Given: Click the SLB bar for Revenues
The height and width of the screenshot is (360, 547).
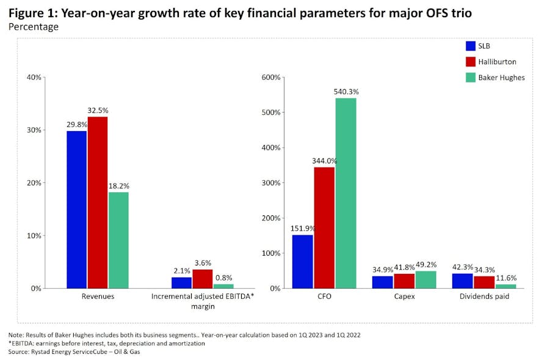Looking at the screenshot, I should pyautogui.click(x=77, y=209).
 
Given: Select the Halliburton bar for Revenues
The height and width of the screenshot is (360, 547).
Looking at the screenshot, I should pyautogui.click(x=98, y=202).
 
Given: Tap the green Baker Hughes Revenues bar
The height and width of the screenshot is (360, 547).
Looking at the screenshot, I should pyautogui.click(x=118, y=240).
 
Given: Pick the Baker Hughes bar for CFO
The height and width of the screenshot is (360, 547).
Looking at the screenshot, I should pyautogui.click(x=346, y=193).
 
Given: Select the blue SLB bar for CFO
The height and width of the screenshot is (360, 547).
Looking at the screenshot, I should pyautogui.click(x=303, y=261).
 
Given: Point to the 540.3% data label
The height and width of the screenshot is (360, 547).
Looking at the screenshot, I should pyautogui.click(x=346, y=92).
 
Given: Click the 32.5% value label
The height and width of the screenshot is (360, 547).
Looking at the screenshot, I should pyautogui.click(x=98, y=110).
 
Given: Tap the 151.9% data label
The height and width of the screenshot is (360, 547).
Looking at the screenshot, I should pyautogui.click(x=303, y=229).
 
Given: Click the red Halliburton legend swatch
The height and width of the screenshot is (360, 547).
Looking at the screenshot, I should pyautogui.click(x=471, y=62).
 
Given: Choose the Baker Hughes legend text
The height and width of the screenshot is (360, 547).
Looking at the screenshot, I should pyautogui.click(x=502, y=77).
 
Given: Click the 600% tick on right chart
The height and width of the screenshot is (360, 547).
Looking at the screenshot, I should pyautogui.click(x=270, y=77).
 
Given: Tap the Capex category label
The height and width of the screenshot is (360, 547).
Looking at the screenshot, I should pyautogui.click(x=403, y=297).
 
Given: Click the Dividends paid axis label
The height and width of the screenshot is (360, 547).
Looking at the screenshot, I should pyautogui.click(x=484, y=297).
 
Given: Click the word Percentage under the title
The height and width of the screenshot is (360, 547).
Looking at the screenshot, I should pyautogui.click(x=34, y=27).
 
